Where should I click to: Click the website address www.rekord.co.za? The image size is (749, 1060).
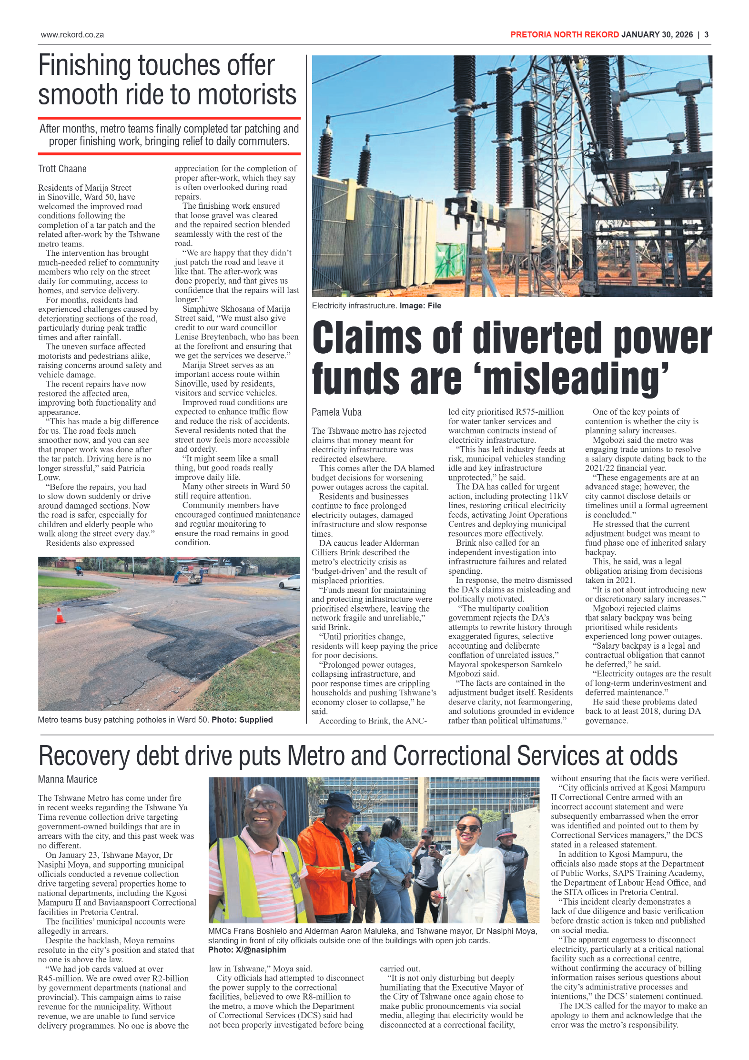pyautogui.click(x=72, y=35)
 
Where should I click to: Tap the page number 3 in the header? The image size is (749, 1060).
pyautogui.click(x=706, y=35)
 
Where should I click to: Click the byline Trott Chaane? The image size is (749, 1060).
pyautogui.click(x=62, y=169)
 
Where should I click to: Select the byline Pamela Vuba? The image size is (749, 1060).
pyautogui.click(x=336, y=412)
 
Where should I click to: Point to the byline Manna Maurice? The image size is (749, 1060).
pyautogui.click(x=68, y=779)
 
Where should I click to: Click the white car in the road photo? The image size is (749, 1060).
pyautogui.click(x=290, y=582)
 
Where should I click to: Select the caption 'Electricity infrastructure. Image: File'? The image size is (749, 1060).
pyautogui.click(x=376, y=306)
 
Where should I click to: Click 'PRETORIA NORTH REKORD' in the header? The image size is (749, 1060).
pyautogui.click(x=564, y=35)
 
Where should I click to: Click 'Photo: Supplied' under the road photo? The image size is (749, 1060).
pyautogui.click(x=242, y=720)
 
